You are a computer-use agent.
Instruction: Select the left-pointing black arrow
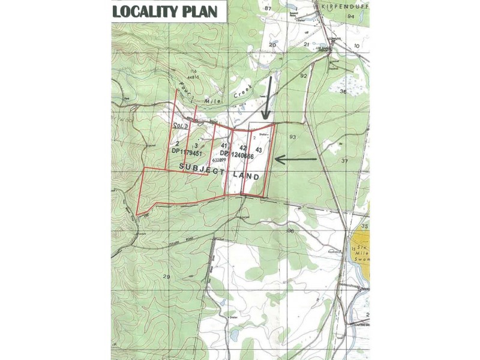coord(296,159)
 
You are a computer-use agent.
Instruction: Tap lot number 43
coord(259,148)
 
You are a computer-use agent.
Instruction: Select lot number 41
coord(223,145)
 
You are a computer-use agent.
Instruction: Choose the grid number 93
coord(292,137)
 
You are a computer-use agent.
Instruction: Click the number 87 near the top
coord(268,8)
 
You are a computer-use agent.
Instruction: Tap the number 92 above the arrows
coord(303,76)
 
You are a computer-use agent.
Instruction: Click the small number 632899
coord(218,160)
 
